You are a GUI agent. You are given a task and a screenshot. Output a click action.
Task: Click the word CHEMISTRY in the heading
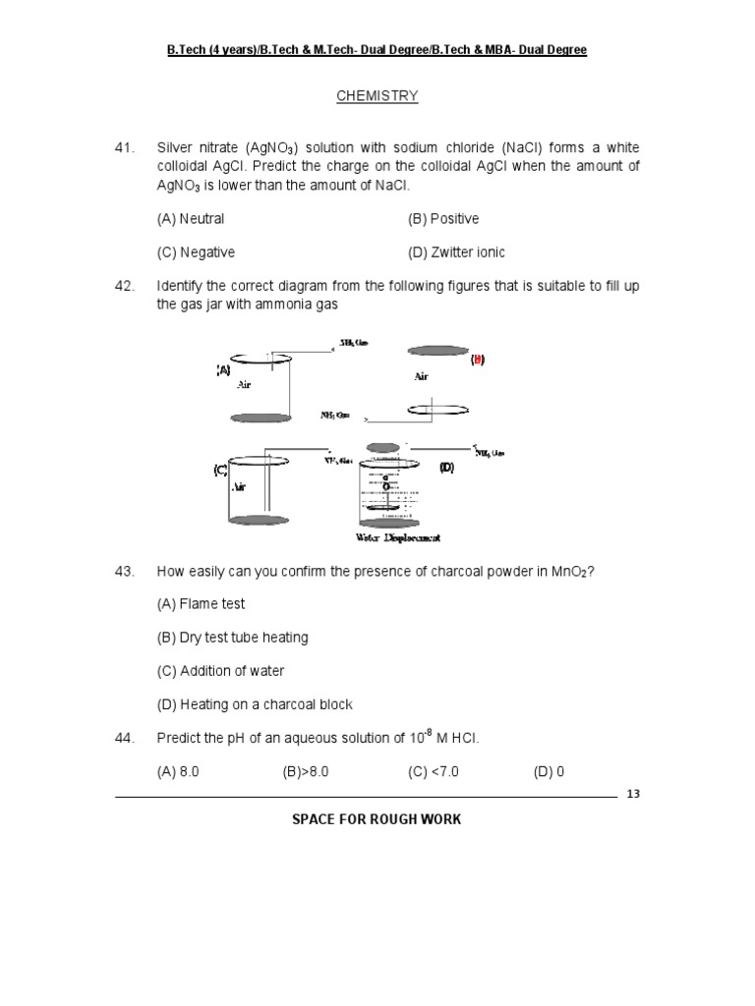coord(377,96)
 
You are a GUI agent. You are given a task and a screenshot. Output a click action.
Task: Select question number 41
coord(124,148)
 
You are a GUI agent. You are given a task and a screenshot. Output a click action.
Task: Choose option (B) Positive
coord(443,219)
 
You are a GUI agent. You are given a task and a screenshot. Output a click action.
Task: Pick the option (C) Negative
coord(196,252)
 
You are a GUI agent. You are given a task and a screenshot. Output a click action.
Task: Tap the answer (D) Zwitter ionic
coord(456,252)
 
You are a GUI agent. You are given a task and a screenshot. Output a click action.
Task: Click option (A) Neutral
coord(191,219)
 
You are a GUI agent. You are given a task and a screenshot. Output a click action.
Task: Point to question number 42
coord(124,286)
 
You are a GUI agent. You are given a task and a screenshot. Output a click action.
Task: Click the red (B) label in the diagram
coord(477,361)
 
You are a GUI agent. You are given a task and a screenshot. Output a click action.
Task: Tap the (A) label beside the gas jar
coord(223,370)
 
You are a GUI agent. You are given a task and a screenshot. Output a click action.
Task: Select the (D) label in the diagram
coord(446,468)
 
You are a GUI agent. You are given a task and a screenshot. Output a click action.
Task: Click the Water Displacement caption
coord(398,537)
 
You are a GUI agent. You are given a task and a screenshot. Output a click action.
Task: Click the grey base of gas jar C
coord(258,520)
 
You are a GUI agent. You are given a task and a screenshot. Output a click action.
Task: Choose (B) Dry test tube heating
coord(232,638)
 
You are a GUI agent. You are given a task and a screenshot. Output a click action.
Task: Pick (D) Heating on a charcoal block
coord(254,704)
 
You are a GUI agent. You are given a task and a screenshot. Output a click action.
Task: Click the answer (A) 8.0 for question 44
coord(178,772)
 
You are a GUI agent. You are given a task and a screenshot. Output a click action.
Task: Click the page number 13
coord(632,795)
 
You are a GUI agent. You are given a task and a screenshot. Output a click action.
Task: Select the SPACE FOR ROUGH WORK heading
coord(377,819)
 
